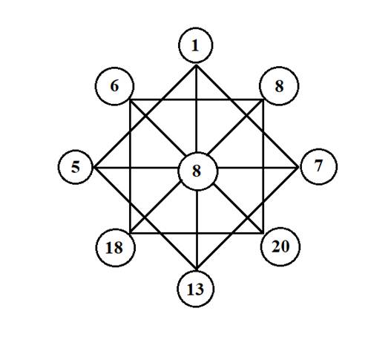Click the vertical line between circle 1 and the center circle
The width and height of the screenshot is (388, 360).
click(197, 108)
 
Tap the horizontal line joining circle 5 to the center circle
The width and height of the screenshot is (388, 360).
click(136, 168)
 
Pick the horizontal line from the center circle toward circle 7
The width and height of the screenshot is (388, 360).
click(257, 168)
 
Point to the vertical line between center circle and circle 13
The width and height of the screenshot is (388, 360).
click(197, 230)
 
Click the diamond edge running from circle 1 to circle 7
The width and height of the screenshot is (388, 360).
click(247, 116)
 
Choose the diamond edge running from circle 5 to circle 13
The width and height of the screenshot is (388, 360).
click(145, 219)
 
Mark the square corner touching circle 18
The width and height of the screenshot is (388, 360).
click(130, 233)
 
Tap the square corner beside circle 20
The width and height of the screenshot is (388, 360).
click(263, 233)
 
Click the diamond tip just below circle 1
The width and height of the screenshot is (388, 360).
click(196, 65)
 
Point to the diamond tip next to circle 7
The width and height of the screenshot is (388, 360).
click(298, 168)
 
